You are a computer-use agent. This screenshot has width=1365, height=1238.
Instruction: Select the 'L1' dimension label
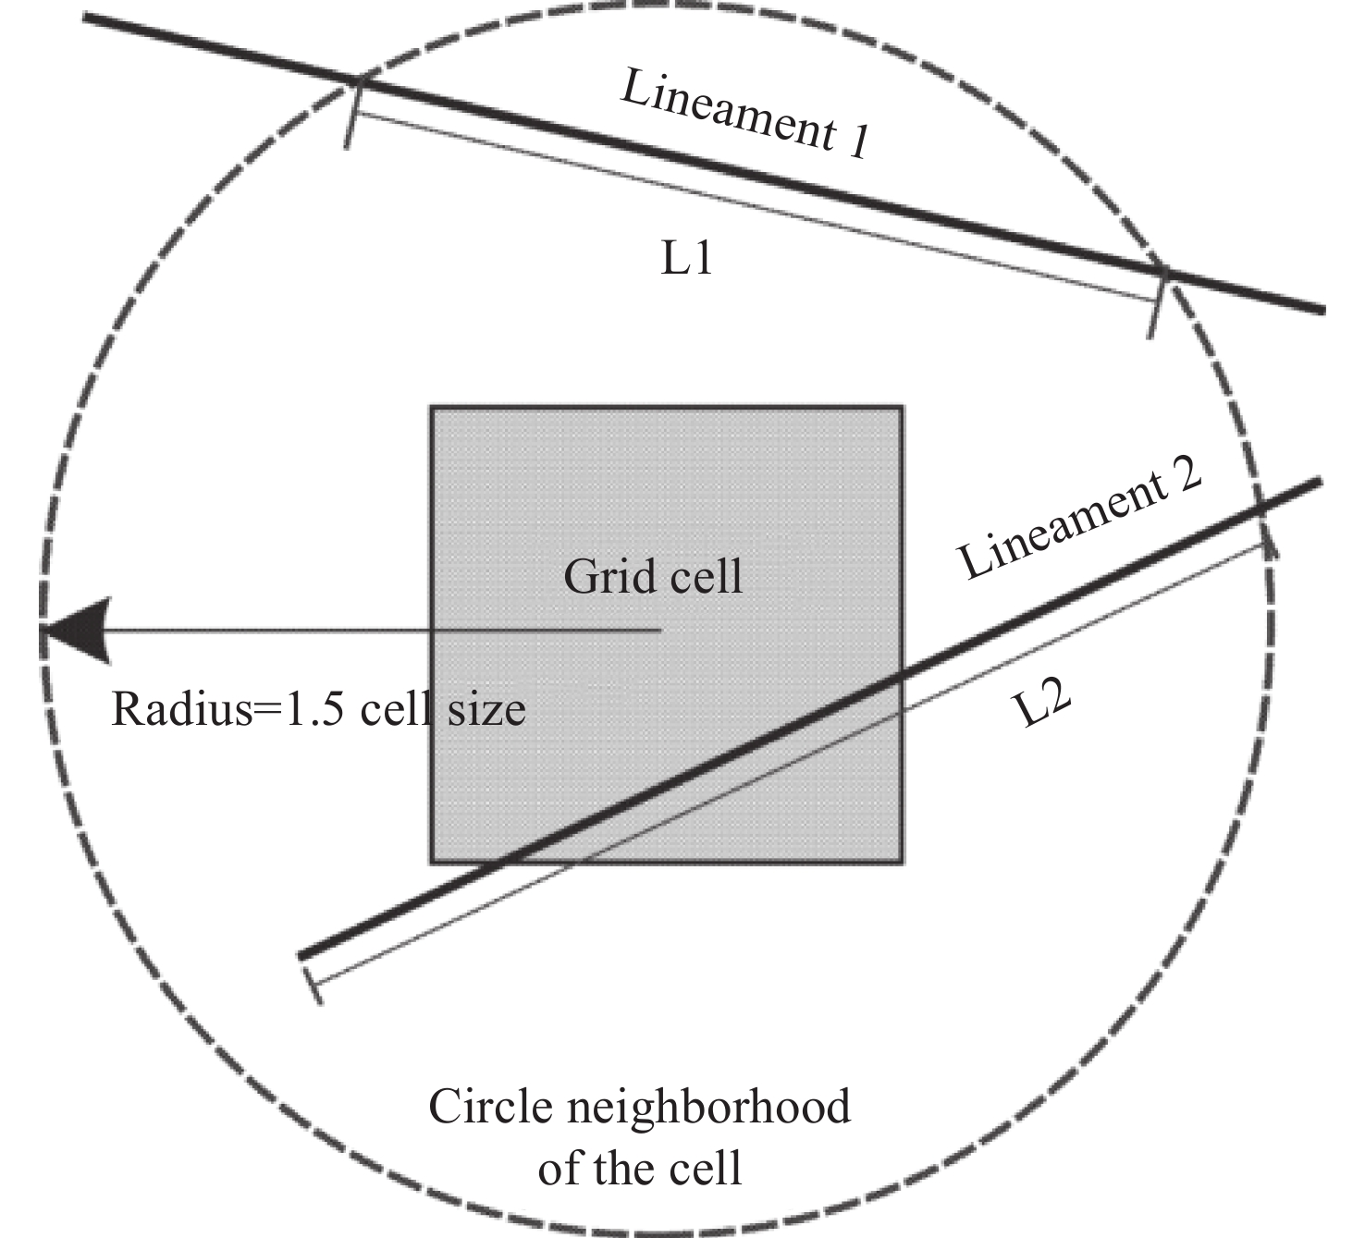click(687, 260)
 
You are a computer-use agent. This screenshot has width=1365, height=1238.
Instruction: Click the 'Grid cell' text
click(653, 577)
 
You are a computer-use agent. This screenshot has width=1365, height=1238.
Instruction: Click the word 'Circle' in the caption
click(490, 1107)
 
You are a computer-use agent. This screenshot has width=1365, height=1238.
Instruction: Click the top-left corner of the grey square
click(432, 407)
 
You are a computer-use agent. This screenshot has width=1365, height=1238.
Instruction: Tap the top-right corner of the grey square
click(902, 407)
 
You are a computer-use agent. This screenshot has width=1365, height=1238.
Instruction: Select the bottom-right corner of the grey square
click(902, 862)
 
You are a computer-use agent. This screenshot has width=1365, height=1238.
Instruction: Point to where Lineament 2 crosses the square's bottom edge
click(504, 862)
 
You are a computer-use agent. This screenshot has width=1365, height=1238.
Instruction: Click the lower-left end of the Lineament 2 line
click(301, 955)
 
